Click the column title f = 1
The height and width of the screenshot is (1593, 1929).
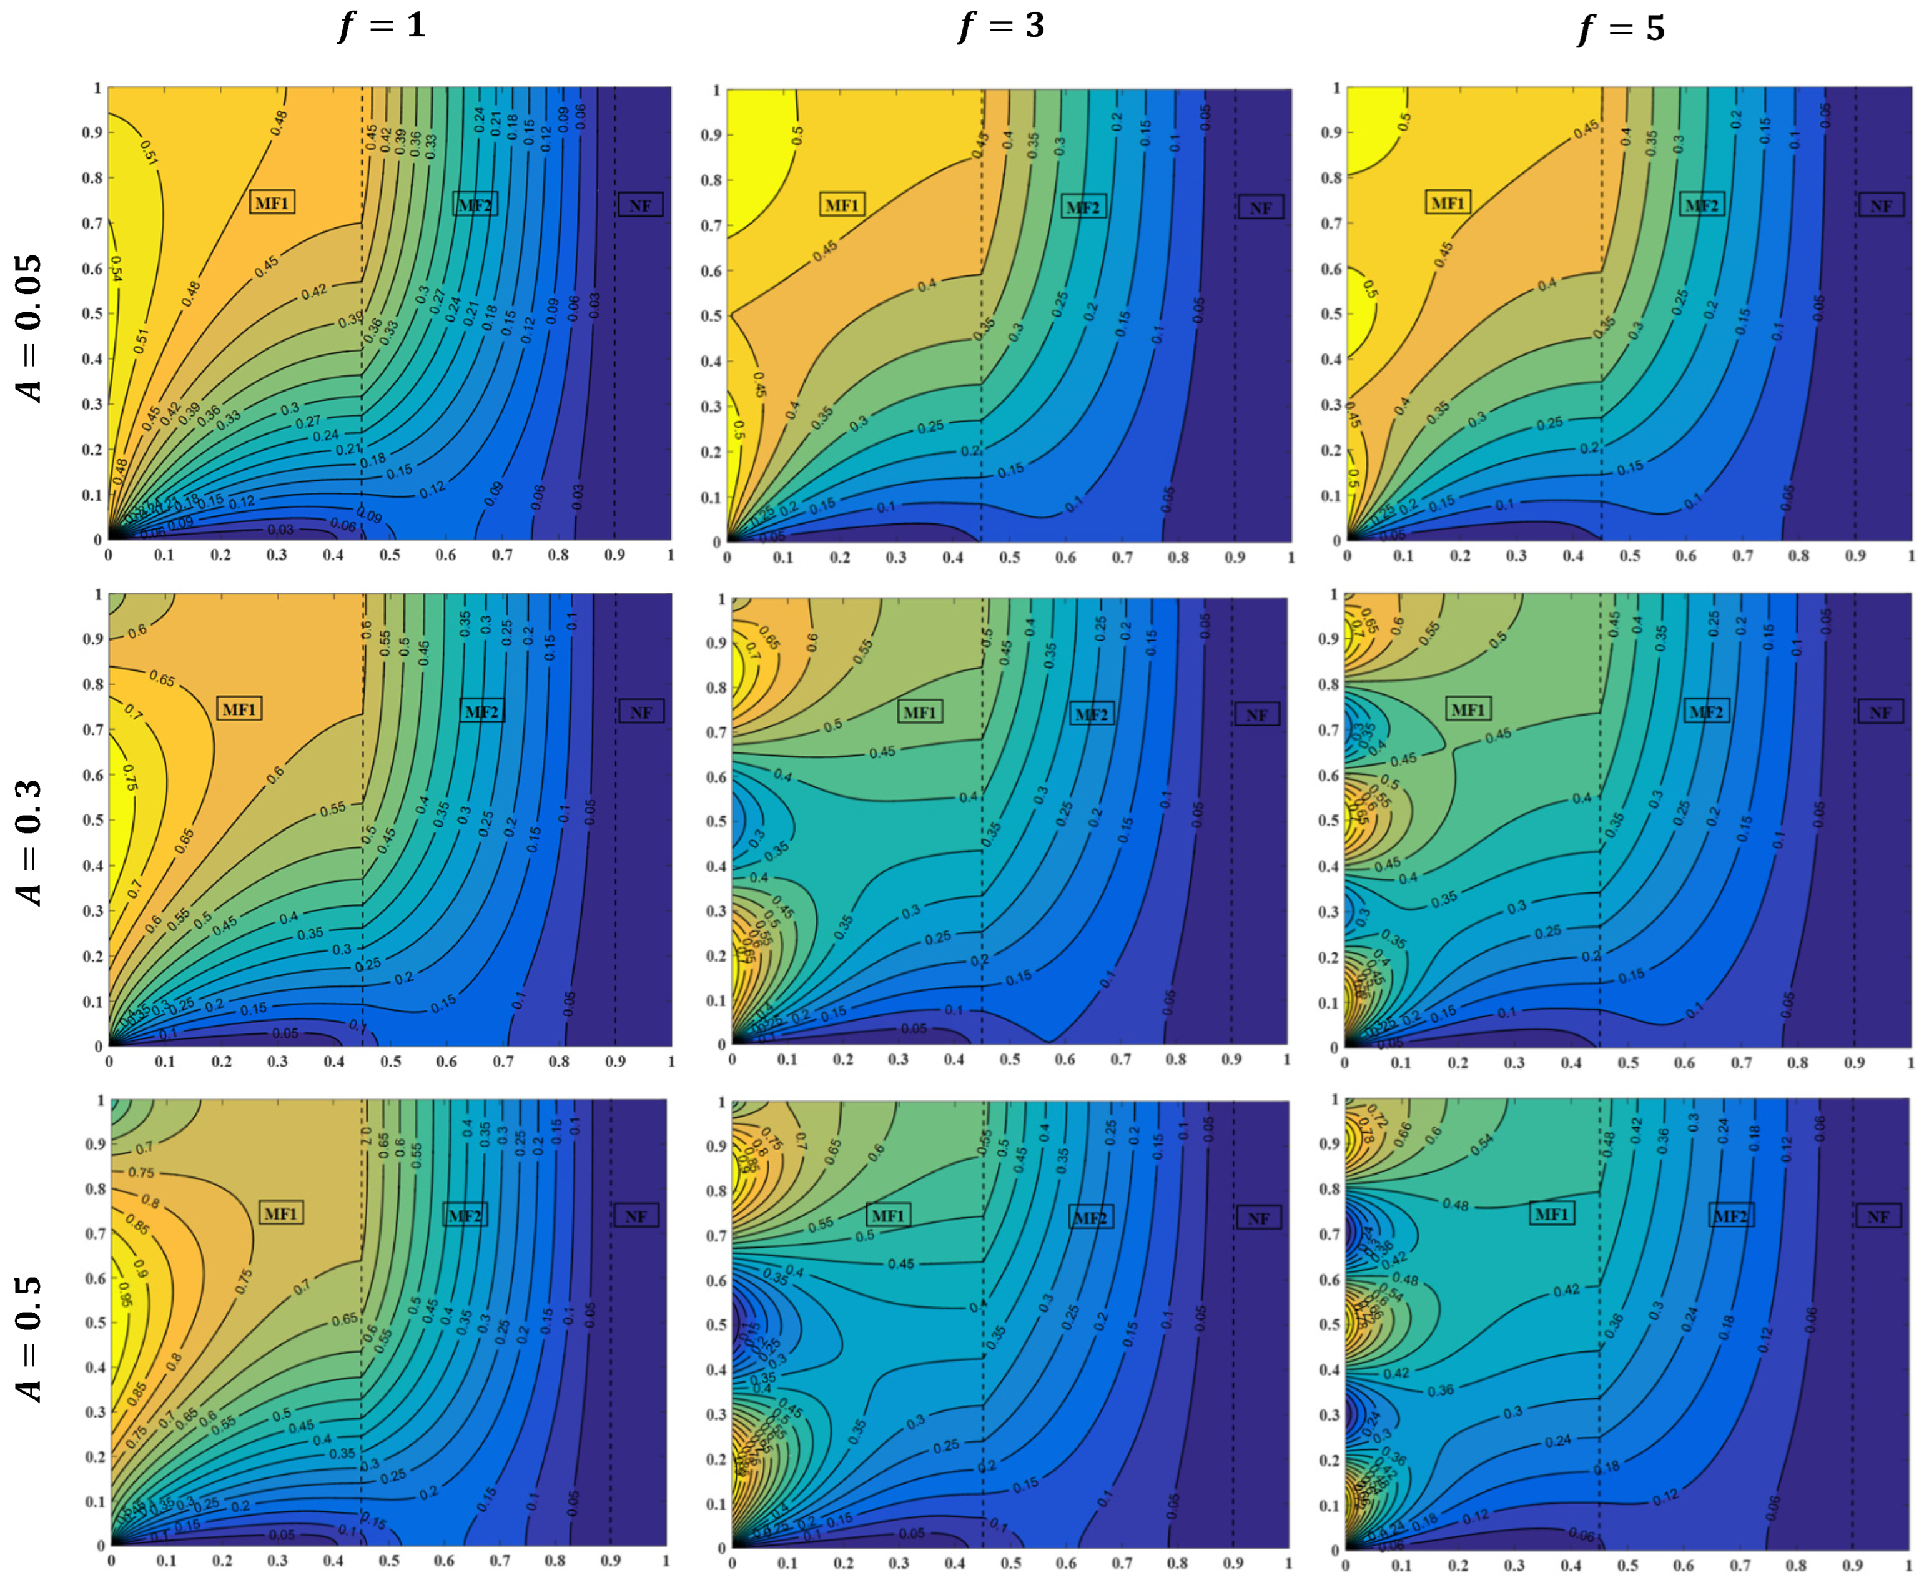(382, 25)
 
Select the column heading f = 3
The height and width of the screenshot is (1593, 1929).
(1001, 26)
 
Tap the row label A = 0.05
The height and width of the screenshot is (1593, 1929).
(29, 328)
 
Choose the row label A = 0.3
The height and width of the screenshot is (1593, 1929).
(29, 842)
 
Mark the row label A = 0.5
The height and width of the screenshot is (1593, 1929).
(29, 1338)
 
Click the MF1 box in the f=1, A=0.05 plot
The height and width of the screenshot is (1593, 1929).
(272, 202)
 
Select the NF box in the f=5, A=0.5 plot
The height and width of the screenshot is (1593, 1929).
(1878, 1217)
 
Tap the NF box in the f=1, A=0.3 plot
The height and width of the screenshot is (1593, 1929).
(641, 712)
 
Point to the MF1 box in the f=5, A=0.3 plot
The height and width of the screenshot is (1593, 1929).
(1468, 709)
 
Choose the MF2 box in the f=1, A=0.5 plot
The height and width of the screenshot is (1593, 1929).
(465, 1216)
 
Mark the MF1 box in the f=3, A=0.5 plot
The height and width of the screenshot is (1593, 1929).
(887, 1216)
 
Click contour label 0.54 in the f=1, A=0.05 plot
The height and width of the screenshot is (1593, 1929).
(117, 268)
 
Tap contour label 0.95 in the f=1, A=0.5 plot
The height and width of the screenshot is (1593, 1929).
(126, 1300)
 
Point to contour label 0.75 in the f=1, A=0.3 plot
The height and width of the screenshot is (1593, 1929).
(129, 777)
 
